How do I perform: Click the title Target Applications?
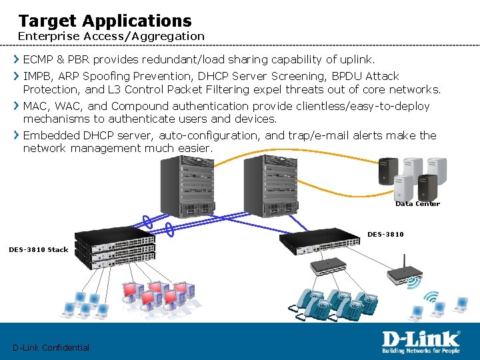(105, 21)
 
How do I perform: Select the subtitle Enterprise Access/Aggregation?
(111, 36)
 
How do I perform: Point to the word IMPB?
(37, 77)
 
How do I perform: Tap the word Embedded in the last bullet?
(51, 135)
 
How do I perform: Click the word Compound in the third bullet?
(138, 106)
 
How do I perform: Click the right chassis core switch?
(273, 186)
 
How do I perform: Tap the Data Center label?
(417, 204)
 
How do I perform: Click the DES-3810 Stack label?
(38, 249)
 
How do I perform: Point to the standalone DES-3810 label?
(385, 234)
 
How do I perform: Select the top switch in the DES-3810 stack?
(115, 237)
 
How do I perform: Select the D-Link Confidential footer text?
(51, 347)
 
